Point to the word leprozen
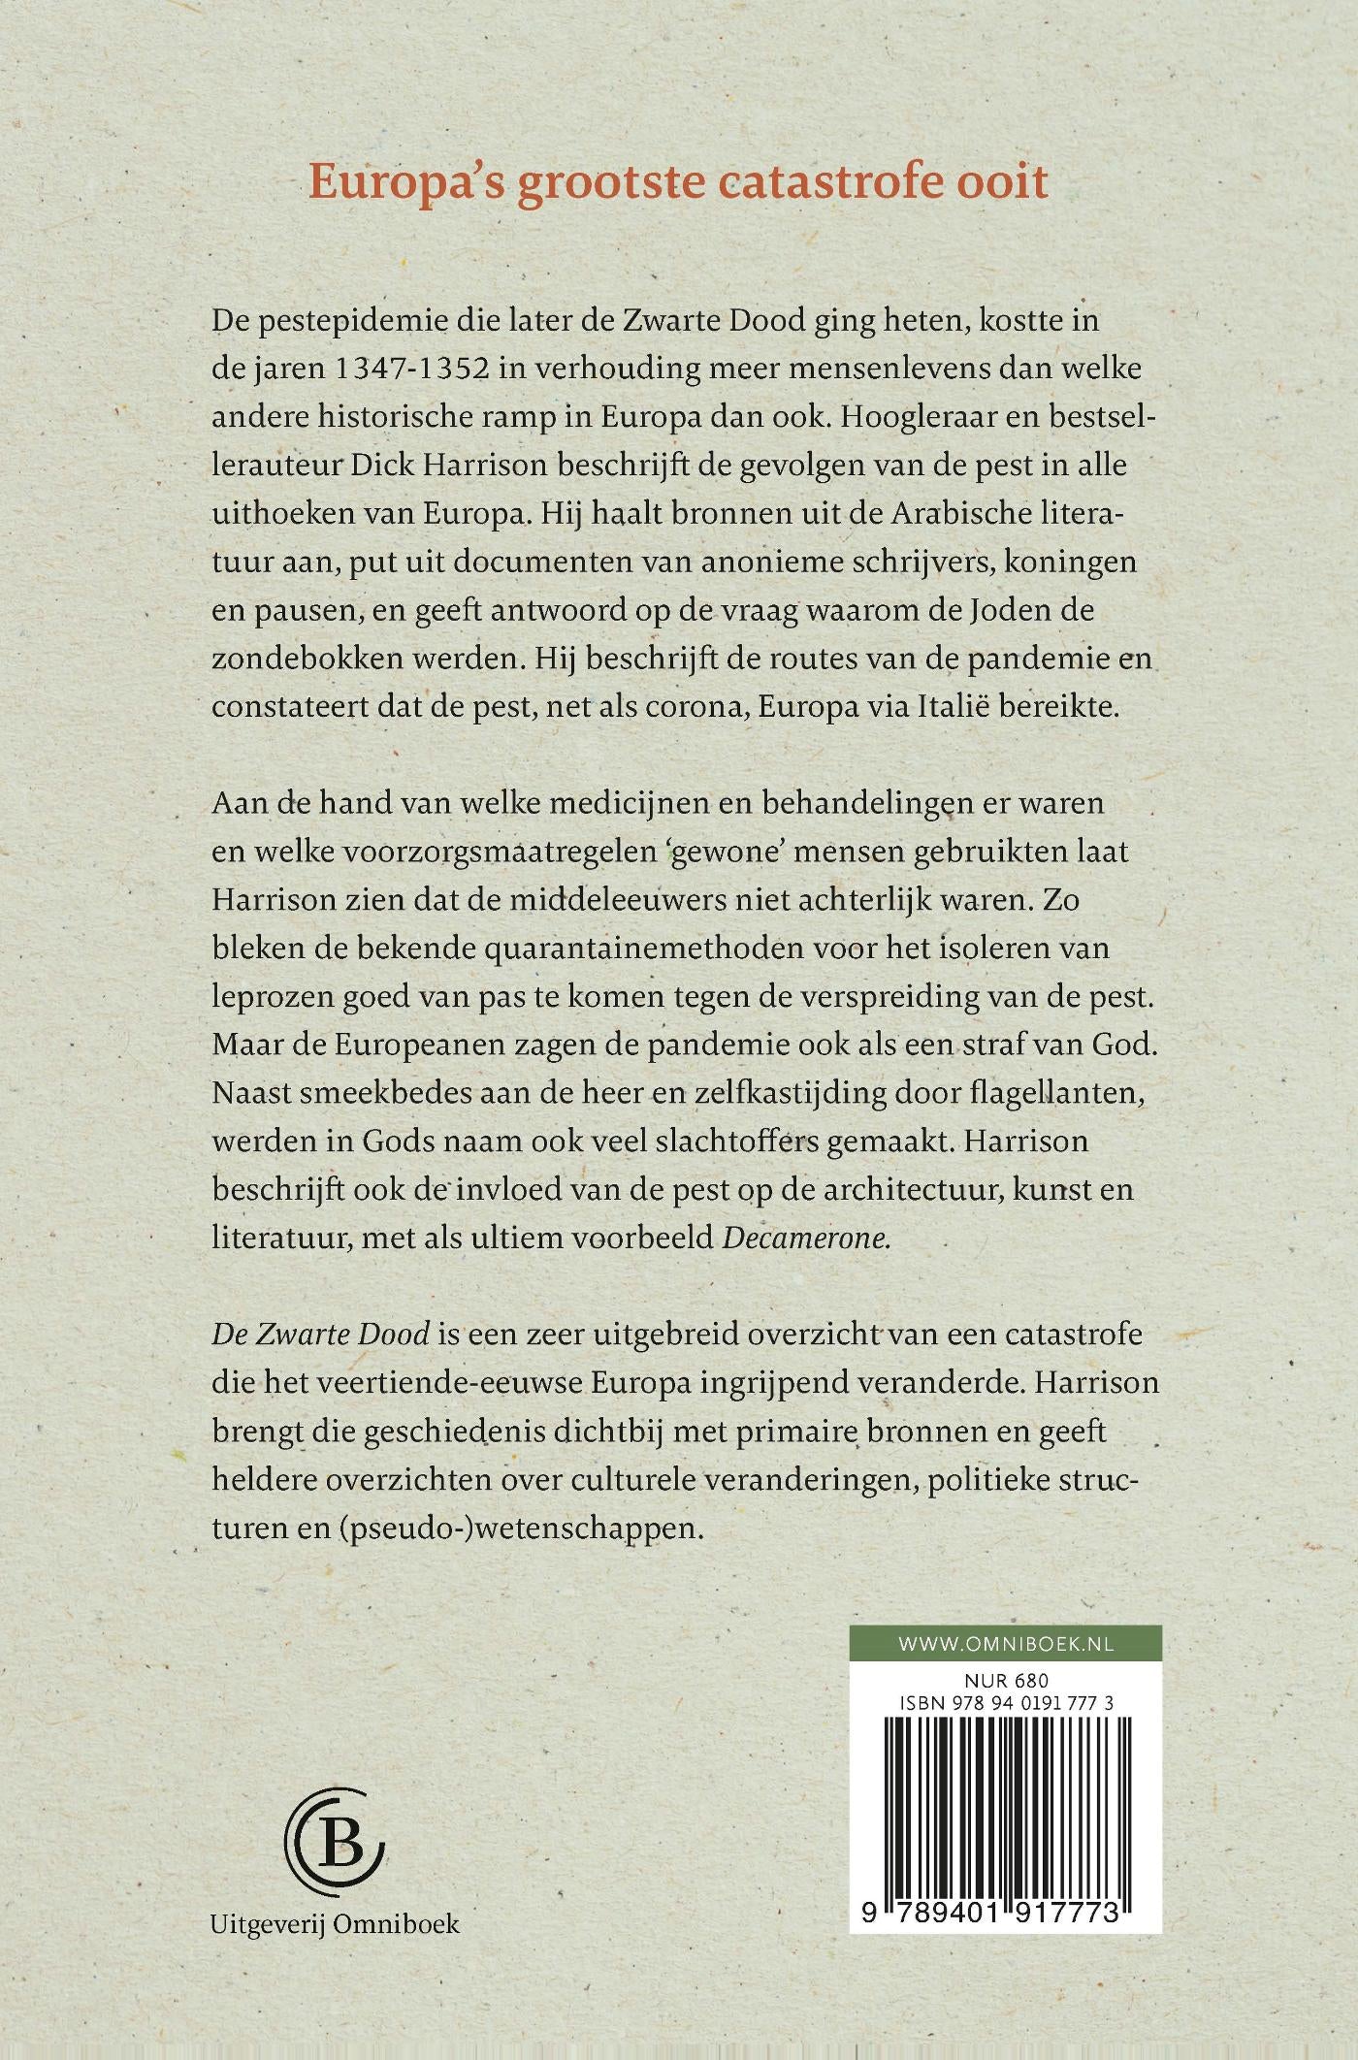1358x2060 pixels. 268,997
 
